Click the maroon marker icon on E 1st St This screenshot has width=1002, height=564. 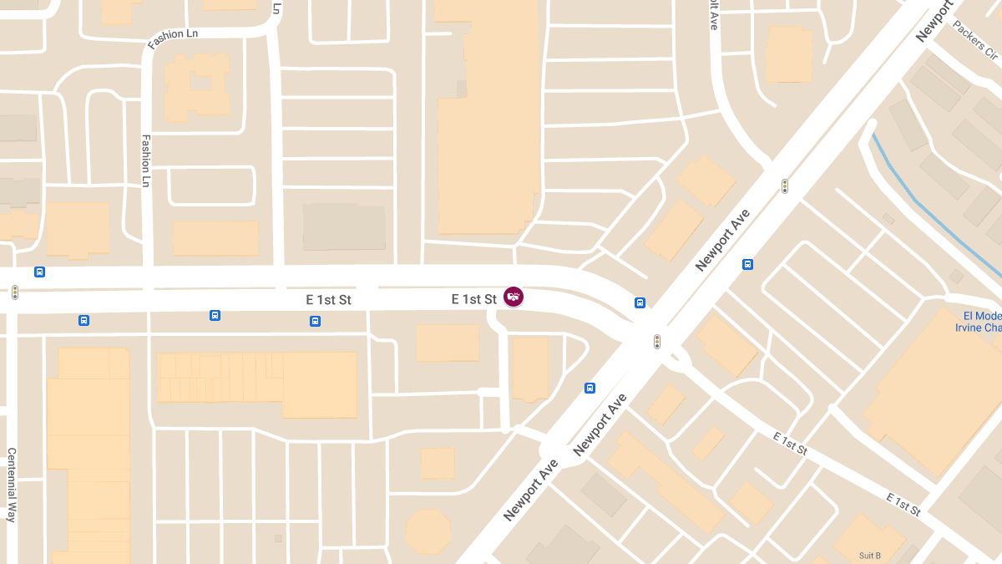point(514,297)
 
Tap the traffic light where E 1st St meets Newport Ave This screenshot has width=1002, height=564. point(657,341)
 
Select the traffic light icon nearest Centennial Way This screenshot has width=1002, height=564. point(14,292)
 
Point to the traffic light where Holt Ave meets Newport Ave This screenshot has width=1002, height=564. point(785,185)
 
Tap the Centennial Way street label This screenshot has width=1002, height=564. point(12,485)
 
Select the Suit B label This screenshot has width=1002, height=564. point(869,556)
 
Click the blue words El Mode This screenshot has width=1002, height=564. point(981,316)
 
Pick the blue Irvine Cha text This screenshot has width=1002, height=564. point(978,328)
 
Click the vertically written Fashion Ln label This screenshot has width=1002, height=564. point(145,160)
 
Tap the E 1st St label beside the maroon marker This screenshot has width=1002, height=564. point(473,299)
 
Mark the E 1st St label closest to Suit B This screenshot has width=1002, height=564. point(903,504)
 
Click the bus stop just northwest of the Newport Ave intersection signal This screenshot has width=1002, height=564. point(640,302)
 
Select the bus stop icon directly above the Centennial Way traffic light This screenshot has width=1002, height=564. point(39,272)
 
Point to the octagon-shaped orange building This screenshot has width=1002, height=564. point(428,531)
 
